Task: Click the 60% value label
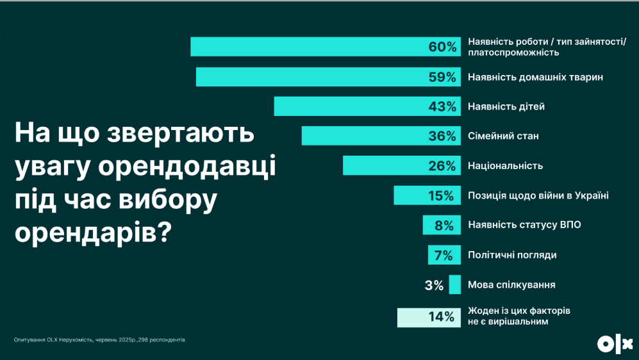click(x=442, y=47)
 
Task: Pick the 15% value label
click(x=442, y=195)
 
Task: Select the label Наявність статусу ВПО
click(x=525, y=225)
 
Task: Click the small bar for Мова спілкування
click(x=455, y=284)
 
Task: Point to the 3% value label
click(x=434, y=285)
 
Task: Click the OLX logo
click(x=615, y=344)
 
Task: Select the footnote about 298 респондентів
click(x=99, y=340)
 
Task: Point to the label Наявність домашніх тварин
click(x=536, y=77)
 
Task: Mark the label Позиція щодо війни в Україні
click(x=538, y=195)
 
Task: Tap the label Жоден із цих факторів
click(x=519, y=311)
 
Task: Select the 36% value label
click(x=442, y=136)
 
